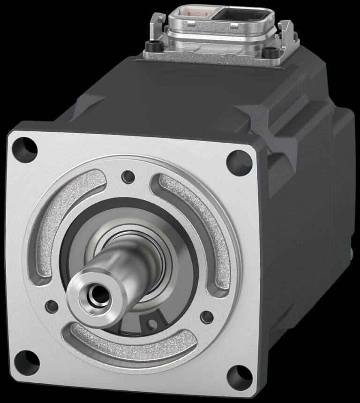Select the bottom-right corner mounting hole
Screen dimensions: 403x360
(x=239, y=374)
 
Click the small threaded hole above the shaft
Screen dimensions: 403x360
(x=127, y=177)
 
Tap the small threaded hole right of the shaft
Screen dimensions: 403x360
(x=207, y=317)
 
